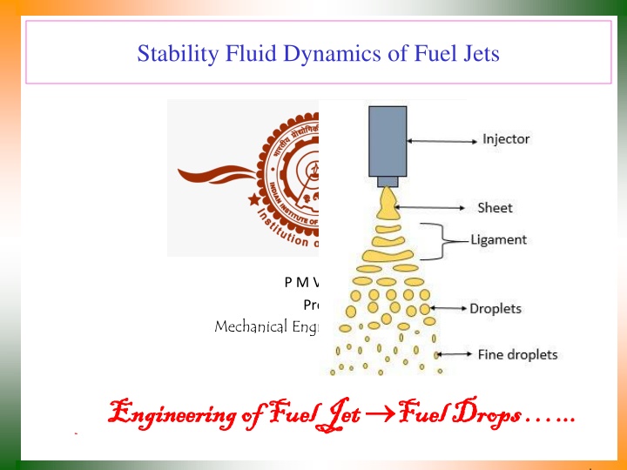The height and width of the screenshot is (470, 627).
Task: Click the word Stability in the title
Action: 172,55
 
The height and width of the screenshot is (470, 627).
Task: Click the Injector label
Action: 506,138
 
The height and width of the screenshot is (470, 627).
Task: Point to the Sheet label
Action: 495,207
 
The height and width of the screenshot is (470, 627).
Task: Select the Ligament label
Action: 498,238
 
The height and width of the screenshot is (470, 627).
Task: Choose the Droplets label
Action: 496,308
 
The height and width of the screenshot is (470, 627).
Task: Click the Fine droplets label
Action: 517,354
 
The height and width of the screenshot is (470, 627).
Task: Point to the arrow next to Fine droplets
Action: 455,354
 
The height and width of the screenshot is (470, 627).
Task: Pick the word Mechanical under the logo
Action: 246,327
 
